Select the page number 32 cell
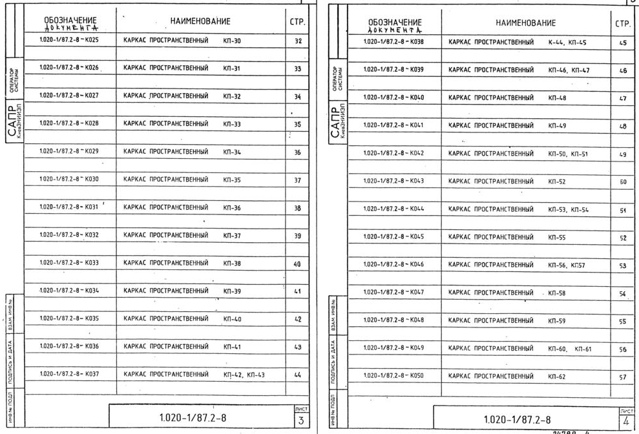click(297, 41)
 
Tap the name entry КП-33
click(232, 124)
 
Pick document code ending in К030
click(68, 179)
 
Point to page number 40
click(297, 264)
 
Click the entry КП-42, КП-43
click(244, 375)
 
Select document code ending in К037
click(68, 374)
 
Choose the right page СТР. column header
click(623, 23)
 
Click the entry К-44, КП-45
click(564, 42)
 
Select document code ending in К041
click(393, 125)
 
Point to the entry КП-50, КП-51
click(568, 154)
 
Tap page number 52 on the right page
click(623, 238)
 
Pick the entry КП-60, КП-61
click(569, 349)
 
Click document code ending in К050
click(393, 375)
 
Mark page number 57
click(623, 376)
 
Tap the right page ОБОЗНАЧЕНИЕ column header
click(394, 25)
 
